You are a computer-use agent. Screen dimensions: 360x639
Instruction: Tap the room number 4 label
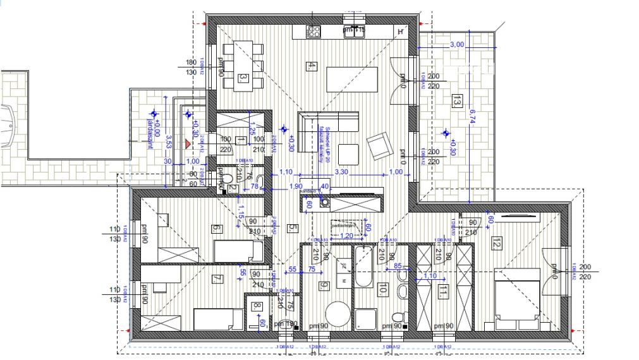(x=310, y=66)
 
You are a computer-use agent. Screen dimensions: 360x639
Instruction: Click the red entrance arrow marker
(x=187, y=144)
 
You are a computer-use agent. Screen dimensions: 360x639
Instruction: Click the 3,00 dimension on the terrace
(x=456, y=45)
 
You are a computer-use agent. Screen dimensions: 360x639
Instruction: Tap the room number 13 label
(x=457, y=100)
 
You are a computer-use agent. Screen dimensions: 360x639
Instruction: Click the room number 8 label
(x=257, y=306)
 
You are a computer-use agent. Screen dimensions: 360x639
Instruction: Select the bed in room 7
(x=218, y=319)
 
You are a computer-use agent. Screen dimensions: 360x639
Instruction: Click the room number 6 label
(x=216, y=229)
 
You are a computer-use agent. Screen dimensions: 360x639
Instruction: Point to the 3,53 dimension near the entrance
(x=169, y=141)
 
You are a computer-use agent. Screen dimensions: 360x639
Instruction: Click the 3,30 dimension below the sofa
(x=341, y=172)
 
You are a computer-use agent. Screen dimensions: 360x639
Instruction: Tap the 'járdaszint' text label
(x=150, y=133)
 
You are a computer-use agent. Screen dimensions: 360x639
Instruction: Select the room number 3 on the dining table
(x=243, y=78)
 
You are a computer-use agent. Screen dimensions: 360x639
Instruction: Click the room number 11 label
(x=444, y=291)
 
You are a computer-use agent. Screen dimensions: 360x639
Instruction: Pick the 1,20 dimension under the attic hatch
(x=347, y=236)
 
